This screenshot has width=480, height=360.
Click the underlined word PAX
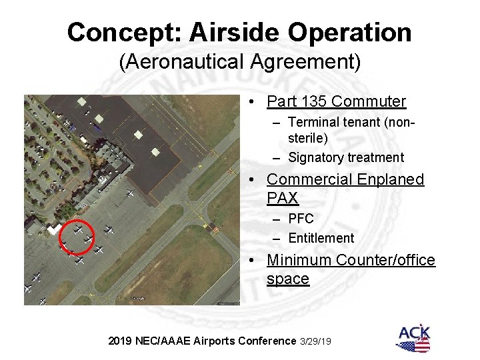point(283,198)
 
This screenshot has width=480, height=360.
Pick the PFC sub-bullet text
point(301,218)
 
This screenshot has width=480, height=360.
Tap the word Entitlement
point(321,237)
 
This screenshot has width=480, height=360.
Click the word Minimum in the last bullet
point(297,260)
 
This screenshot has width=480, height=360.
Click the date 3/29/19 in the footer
point(316,341)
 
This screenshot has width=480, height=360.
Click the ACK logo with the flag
point(414,337)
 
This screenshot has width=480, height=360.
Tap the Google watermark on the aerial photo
point(137,298)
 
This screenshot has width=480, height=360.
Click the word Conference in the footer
point(264,341)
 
